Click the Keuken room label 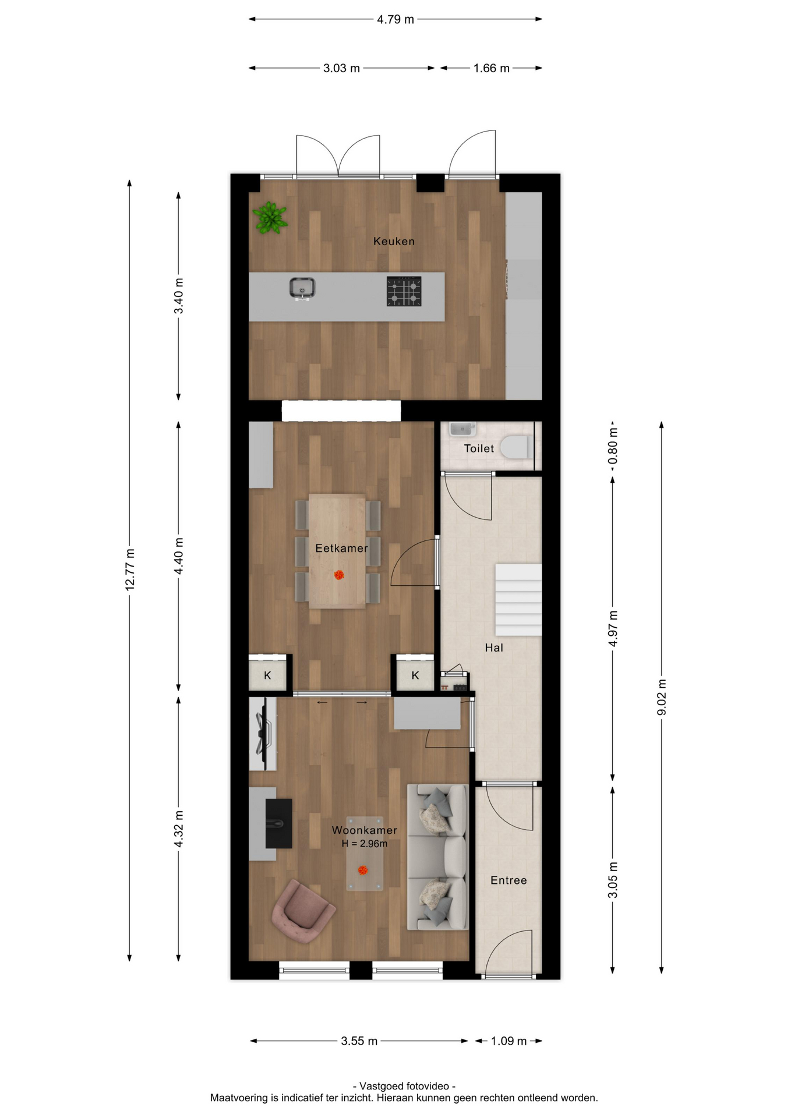(x=394, y=241)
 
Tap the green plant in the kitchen (x=270, y=218)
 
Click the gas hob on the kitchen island (x=404, y=291)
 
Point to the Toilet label (x=479, y=448)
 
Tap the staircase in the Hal (x=518, y=600)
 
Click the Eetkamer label (x=341, y=548)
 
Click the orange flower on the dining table (x=339, y=575)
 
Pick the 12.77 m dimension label (x=130, y=569)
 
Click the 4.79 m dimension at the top (x=395, y=19)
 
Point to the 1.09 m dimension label (x=509, y=1041)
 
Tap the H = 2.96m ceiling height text (x=365, y=843)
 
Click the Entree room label (x=509, y=880)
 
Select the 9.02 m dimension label (x=662, y=697)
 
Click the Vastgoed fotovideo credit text (x=404, y=1086)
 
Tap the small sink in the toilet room (x=462, y=429)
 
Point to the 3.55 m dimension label (x=359, y=1041)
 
